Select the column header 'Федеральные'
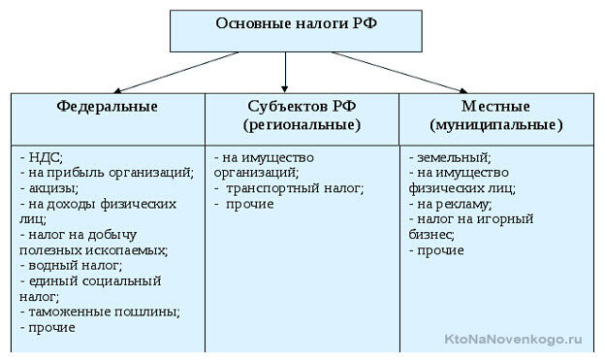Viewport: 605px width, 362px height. (107, 105)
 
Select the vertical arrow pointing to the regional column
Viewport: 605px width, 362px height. (285, 73)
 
